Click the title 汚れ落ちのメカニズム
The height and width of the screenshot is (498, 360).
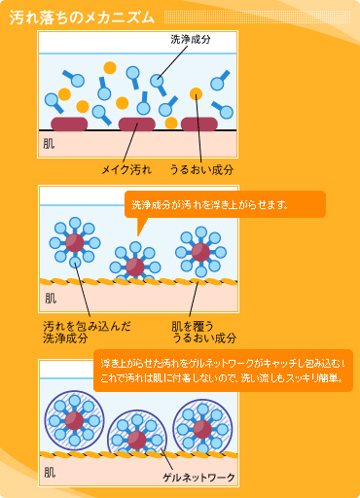[x=82, y=18]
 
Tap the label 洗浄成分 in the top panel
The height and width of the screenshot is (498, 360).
[x=191, y=39]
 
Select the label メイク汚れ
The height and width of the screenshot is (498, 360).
[x=126, y=169]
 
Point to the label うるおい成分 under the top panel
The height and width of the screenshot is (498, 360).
[x=201, y=169]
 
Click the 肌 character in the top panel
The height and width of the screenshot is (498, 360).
[x=49, y=144]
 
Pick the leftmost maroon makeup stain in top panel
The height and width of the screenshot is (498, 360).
[x=69, y=124]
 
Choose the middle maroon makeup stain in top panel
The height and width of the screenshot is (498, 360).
[x=137, y=124]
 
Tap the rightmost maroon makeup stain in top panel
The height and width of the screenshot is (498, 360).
[x=199, y=124]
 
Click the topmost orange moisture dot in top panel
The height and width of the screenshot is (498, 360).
[x=110, y=68]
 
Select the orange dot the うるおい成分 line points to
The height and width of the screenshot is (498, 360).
[x=196, y=94]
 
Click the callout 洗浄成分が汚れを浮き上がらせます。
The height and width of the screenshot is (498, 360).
[x=210, y=205]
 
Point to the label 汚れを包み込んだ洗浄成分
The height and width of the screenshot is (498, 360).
[x=87, y=333]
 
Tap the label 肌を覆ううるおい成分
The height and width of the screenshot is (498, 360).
[x=204, y=333]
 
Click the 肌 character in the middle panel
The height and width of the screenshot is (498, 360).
[x=51, y=299]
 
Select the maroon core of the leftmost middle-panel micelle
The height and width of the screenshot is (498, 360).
[x=75, y=242]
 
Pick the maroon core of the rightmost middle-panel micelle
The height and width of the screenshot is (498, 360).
[x=200, y=252]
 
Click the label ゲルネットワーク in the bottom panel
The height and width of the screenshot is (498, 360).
[x=198, y=478]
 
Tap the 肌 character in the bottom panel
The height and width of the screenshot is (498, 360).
[x=50, y=473]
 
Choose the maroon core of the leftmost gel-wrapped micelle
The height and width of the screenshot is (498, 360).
[x=74, y=421]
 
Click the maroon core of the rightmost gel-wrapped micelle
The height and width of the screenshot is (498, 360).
[x=202, y=429]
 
